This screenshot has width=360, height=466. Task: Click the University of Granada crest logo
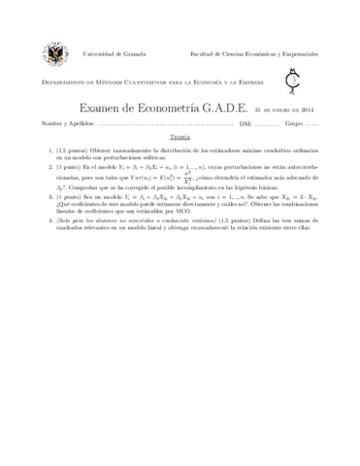tap(50, 54)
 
